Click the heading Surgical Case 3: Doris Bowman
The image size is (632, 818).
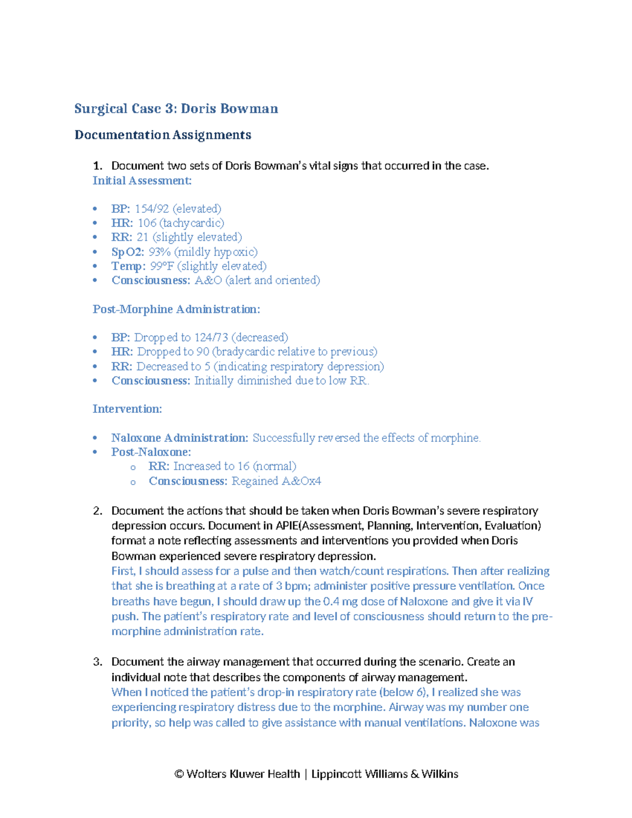coord(176,109)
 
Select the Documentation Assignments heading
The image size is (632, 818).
coord(163,135)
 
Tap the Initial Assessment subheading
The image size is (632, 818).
coord(142,181)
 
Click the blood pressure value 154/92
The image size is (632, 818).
coord(152,209)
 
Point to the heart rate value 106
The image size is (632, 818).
coord(147,223)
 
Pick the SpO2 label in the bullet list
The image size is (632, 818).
coord(127,252)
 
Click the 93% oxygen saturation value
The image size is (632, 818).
coord(160,252)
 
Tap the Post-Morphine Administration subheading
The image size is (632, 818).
coord(176,309)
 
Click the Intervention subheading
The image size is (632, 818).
coord(127,409)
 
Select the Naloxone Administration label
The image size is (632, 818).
coord(180,438)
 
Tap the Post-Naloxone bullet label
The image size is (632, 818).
coord(151,452)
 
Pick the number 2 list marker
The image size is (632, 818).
coord(97,510)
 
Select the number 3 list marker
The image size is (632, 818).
coord(97,662)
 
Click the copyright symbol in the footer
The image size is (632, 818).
coord(179,774)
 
